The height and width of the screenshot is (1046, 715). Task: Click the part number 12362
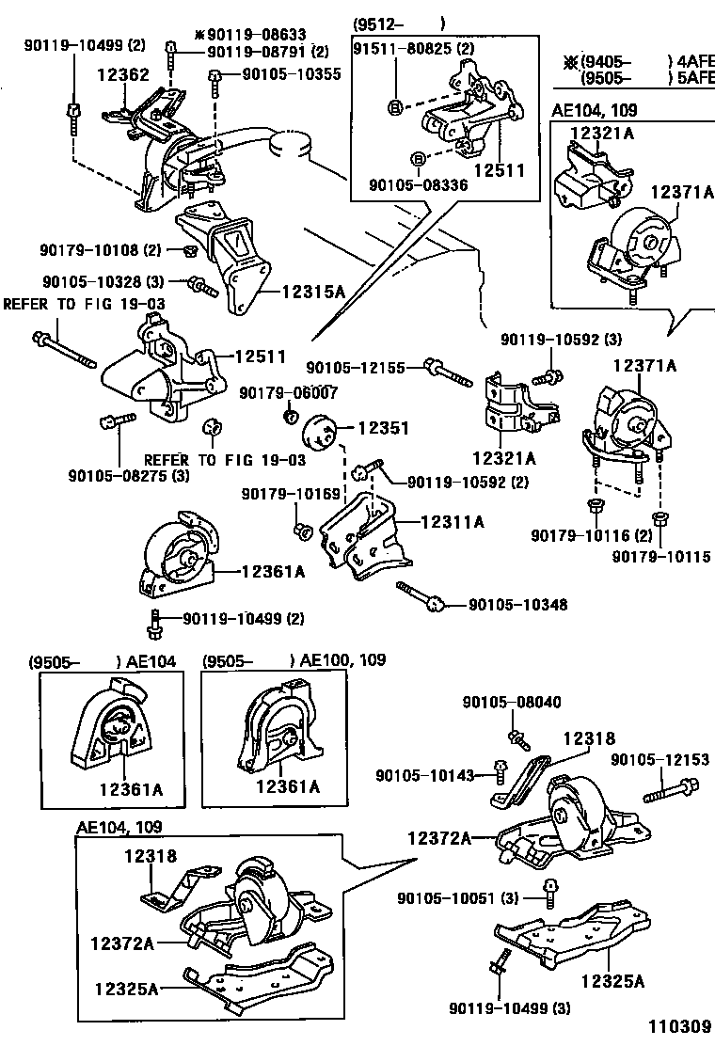click(x=122, y=72)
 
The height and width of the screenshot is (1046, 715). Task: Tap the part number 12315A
click(x=313, y=293)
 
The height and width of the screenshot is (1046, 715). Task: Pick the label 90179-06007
click(x=288, y=392)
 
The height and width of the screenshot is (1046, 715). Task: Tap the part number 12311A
click(x=453, y=520)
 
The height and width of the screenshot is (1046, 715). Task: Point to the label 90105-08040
click(x=511, y=701)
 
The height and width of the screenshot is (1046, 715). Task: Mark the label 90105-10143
click(x=424, y=775)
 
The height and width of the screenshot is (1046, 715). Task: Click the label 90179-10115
click(x=660, y=558)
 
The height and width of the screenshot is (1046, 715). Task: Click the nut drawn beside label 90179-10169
click(x=303, y=531)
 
